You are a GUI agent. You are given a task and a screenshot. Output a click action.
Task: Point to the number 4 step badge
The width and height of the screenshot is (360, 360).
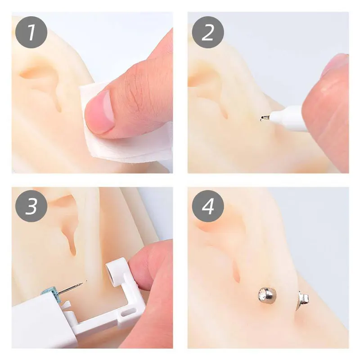[208, 207]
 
